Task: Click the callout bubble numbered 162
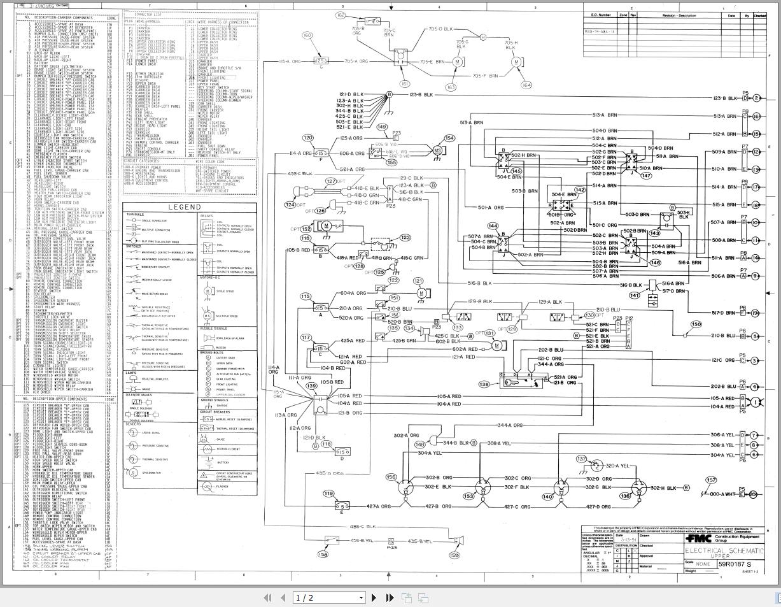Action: tap(341, 15)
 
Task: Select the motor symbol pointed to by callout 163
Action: tap(456, 62)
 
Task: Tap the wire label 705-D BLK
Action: tap(440, 29)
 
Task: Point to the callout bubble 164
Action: tap(526, 85)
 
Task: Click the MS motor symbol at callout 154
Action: tap(437, 150)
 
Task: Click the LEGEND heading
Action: tap(185, 207)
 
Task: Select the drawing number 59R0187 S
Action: tap(735, 564)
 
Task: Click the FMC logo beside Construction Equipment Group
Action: tap(698, 537)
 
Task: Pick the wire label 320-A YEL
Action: tap(616, 466)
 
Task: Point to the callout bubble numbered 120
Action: tap(308, 138)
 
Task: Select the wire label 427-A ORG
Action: tap(378, 507)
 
